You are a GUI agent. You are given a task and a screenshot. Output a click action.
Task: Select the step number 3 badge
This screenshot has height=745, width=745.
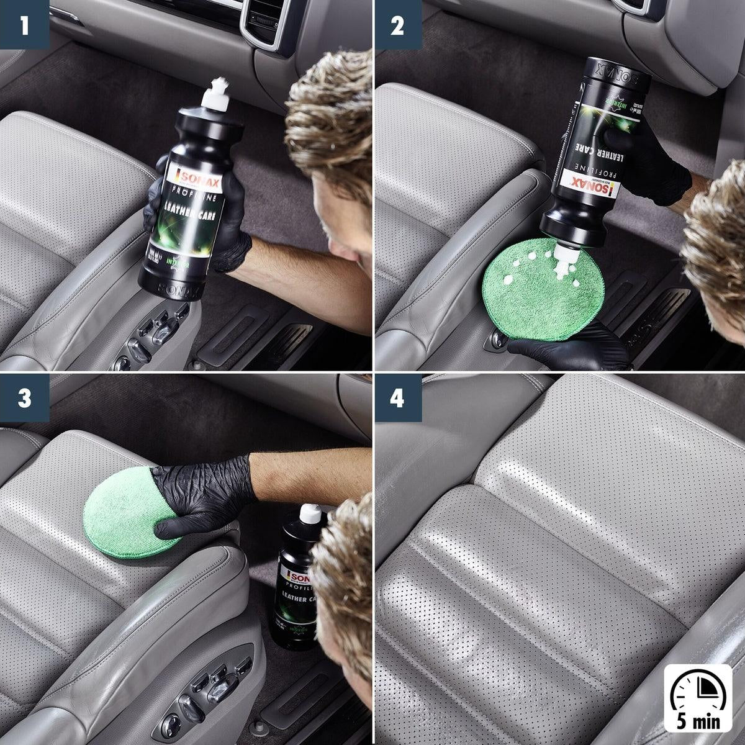tap(24, 398)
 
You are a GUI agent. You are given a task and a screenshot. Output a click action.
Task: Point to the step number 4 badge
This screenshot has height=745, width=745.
tap(397, 398)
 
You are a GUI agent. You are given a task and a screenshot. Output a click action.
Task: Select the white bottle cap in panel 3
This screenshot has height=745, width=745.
tap(310, 513)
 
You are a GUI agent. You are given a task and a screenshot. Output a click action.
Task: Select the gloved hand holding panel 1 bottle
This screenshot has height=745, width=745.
tap(230, 230)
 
